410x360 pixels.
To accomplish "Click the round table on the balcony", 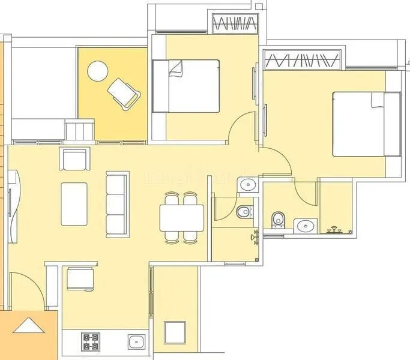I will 97,71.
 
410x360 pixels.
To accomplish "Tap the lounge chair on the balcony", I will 124,93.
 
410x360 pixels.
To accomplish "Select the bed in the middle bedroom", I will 185,85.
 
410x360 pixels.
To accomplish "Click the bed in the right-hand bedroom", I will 366,124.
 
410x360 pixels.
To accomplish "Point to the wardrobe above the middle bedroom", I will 235,25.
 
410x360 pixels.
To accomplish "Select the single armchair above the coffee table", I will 76,160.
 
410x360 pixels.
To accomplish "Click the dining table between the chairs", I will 181,217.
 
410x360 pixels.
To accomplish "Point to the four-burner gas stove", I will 91,341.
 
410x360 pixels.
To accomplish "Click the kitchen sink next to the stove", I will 135,341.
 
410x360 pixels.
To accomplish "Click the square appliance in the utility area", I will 175,332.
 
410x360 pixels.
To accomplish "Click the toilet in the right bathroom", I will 277,220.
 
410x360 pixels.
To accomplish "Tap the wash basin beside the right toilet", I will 305,226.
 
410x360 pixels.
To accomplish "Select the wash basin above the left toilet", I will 247,185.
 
